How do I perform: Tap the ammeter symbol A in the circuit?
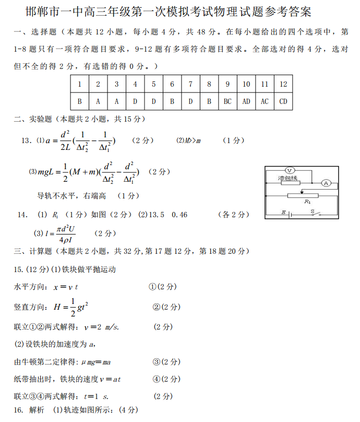point(326,183)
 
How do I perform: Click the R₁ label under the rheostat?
point(307,202)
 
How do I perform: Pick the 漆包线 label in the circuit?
point(287,179)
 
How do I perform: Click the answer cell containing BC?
point(227,101)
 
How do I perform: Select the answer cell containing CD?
point(283,101)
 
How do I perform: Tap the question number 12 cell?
point(283,84)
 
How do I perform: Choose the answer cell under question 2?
point(98,101)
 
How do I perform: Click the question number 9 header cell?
point(227,84)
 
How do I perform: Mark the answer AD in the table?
point(246,101)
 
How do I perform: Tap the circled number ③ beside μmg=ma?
point(155,361)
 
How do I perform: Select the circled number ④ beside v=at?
point(155,379)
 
